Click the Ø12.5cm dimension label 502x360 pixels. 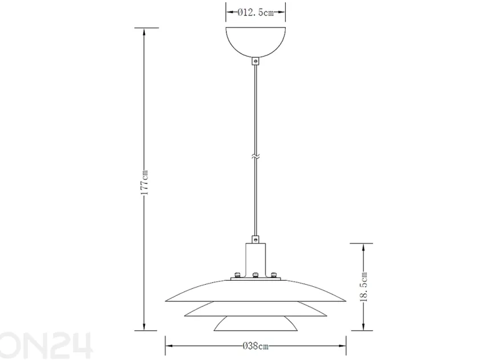(256, 13)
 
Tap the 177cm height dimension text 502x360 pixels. (144, 182)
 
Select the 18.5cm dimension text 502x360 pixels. (364, 287)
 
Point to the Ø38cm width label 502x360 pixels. (256, 346)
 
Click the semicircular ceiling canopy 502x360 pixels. (256, 42)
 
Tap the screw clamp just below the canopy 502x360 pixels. (255, 61)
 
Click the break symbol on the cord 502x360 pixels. (255, 157)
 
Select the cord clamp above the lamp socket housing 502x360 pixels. (255, 239)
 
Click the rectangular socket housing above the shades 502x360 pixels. (256, 260)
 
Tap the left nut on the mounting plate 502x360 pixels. (237, 275)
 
